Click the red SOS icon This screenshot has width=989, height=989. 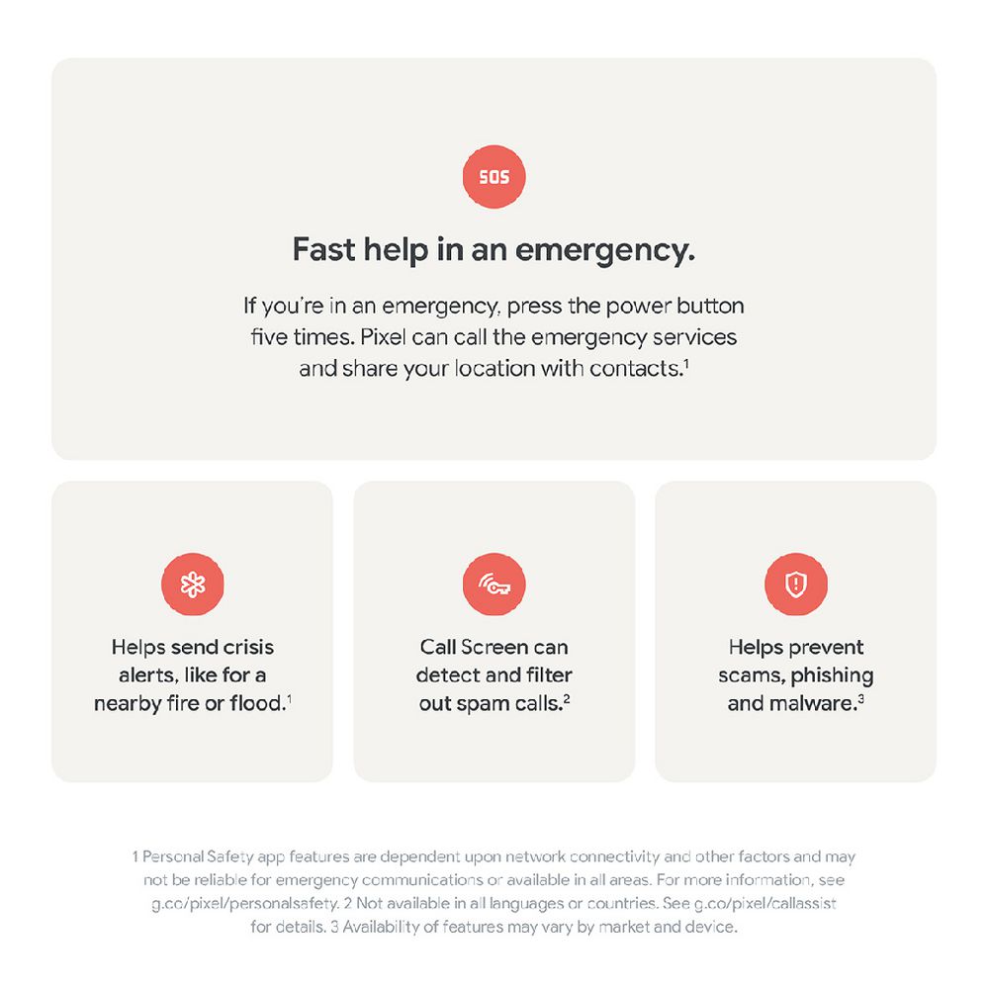[494, 177]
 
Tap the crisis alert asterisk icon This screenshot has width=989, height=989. [193, 584]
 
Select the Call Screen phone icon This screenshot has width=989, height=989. [494, 584]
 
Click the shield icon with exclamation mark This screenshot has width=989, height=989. [796, 584]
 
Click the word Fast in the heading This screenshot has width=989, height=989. [324, 249]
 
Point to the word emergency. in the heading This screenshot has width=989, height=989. [605, 251]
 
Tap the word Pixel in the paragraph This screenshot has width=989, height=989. [383, 337]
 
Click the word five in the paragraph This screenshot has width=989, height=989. [269, 337]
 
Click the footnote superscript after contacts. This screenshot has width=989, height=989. [686, 363]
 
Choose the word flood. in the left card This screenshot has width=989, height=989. [258, 702]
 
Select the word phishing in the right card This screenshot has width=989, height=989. [832, 676]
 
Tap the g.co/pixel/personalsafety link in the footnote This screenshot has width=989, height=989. [246, 904]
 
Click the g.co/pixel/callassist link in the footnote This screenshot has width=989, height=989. [765, 904]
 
